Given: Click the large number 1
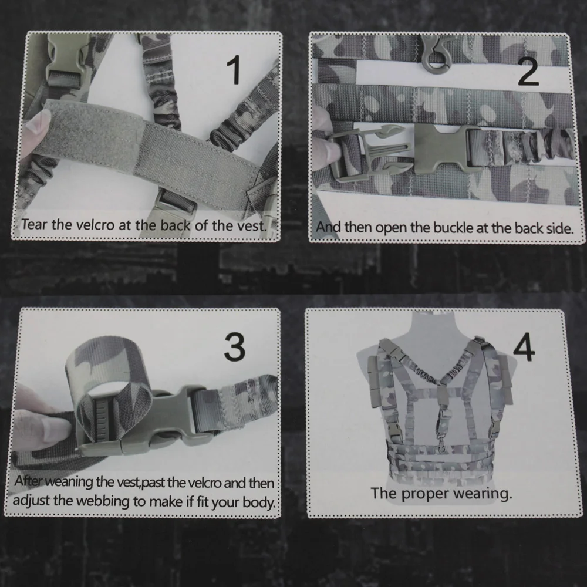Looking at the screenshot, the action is click(234, 70).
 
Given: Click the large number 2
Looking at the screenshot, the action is click(528, 71).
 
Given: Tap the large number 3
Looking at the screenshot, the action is click(235, 347).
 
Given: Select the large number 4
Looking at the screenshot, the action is click(524, 347).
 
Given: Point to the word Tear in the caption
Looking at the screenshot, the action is click(35, 224).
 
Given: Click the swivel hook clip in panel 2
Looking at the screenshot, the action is click(436, 54).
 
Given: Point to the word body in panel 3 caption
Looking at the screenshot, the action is click(259, 502).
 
